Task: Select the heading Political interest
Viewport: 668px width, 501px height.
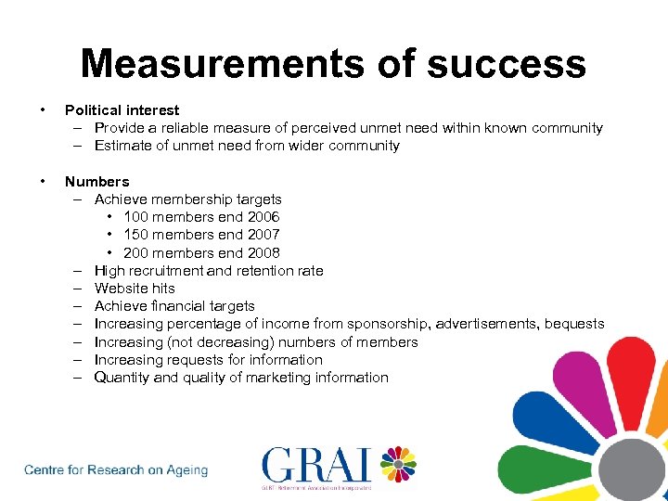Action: (122, 110)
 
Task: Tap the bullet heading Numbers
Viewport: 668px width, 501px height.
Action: (96, 182)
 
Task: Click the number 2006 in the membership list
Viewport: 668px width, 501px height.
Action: (262, 217)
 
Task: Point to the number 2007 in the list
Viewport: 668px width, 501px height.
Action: (262, 235)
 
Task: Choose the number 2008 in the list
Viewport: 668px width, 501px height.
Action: (262, 253)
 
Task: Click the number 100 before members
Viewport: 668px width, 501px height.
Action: (136, 217)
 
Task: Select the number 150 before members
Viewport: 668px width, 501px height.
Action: (136, 235)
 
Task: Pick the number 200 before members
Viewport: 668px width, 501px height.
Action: (136, 253)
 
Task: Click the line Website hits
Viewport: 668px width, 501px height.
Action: (135, 289)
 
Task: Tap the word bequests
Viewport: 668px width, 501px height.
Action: (574, 324)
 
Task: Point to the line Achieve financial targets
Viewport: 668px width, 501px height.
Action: (174, 306)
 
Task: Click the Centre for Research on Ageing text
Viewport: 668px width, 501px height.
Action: (116, 470)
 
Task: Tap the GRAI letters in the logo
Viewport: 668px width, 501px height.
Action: (315, 465)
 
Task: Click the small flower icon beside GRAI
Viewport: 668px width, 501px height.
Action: (396, 464)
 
